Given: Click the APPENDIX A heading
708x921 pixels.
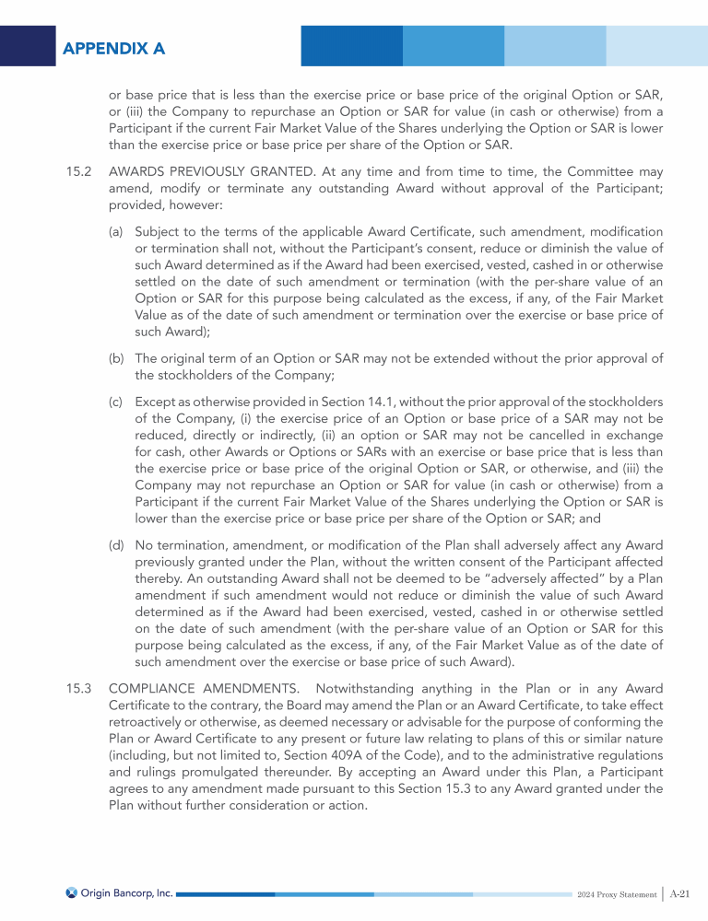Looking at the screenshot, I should (113, 48).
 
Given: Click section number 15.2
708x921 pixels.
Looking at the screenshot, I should (78, 172).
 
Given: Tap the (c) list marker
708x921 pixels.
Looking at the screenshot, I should (117, 402).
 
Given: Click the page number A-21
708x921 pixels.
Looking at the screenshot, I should (680, 892).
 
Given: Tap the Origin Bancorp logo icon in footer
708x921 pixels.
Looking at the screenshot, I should (71, 892).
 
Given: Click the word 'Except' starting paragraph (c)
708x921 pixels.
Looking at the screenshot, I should (155, 402).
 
